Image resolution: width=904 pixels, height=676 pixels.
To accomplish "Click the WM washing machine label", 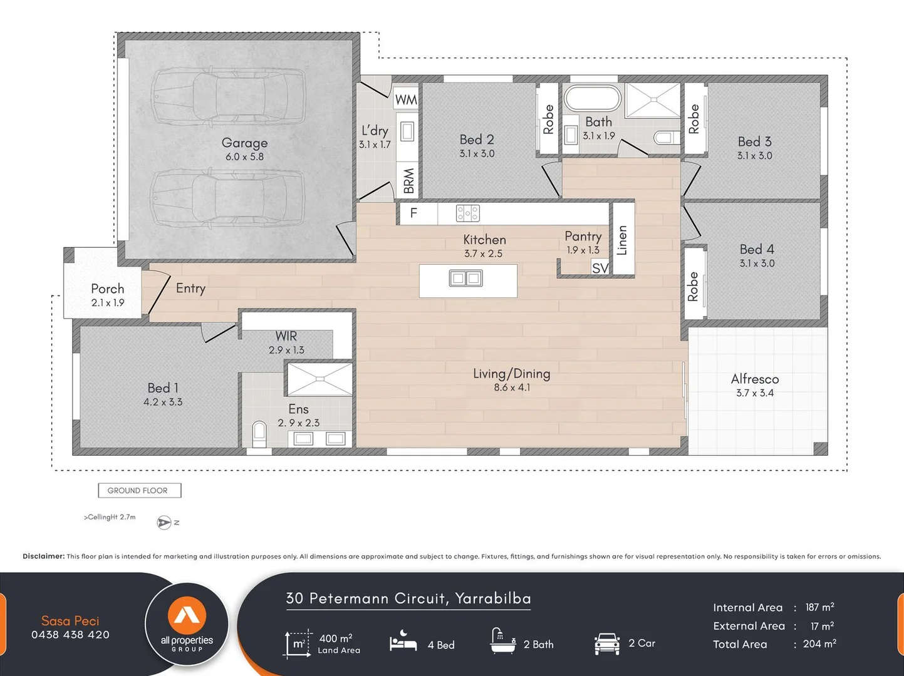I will pyautogui.click(x=406, y=100).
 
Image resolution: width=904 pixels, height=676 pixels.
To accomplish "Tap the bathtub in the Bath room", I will pyautogui.click(x=592, y=98).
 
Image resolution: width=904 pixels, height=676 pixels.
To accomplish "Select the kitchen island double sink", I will pyautogui.click(x=465, y=278).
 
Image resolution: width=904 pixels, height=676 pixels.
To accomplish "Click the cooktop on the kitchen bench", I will pyautogui.click(x=467, y=213).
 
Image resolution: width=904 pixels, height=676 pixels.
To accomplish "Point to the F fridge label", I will pyautogui.click(x=413, y=213).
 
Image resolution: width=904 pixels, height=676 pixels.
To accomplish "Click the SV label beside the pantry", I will pyautogui.click(x=600, y=268).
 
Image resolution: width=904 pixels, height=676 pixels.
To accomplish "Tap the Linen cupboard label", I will pyautogui.click(x=622, y=240).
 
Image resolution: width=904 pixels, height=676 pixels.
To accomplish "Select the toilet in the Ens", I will pyautogui.click(x=259, y=433).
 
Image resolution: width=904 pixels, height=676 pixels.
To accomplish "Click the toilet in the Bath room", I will pyautogui.click(x=665, y=137).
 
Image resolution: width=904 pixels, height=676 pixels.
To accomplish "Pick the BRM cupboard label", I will pyautogui.click(x=408, y=181).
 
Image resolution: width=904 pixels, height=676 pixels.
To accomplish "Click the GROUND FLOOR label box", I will pyautogui.click(x=139, y=491).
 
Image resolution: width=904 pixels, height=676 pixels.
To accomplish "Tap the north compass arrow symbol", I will pyautogui.click(x=164, y=523).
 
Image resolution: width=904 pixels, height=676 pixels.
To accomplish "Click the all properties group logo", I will pyautogui.click(x=187, y=623).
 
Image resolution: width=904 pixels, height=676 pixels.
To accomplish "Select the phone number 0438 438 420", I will pyautogui.click(x=70, y=635).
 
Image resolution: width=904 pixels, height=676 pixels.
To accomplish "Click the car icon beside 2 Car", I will pyautogui.click(x=606, y=643).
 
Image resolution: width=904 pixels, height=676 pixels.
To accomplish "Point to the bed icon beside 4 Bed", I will pyautogui.click(x=403, y=642).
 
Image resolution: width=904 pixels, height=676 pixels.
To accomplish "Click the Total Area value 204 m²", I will pyautogui.click(x=819, y=644).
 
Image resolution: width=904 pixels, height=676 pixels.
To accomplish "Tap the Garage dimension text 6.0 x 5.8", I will pyautogui.click(x=244, y=157).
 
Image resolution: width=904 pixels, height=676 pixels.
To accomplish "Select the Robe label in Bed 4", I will pyautogui.click(x=693, y=287).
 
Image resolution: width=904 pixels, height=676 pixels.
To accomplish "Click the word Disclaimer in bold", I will pyautogui.click(x=43, y=556).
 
